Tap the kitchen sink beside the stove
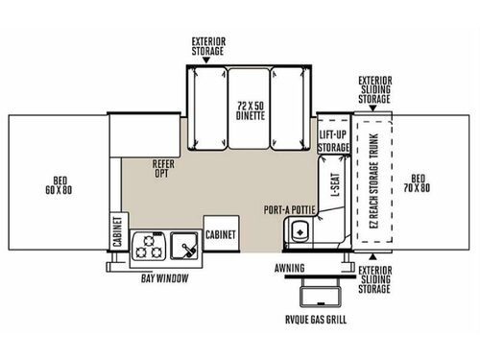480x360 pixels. click(184, 248)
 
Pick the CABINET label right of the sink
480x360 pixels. click(222, 233)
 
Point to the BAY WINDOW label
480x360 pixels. click(164, 278)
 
